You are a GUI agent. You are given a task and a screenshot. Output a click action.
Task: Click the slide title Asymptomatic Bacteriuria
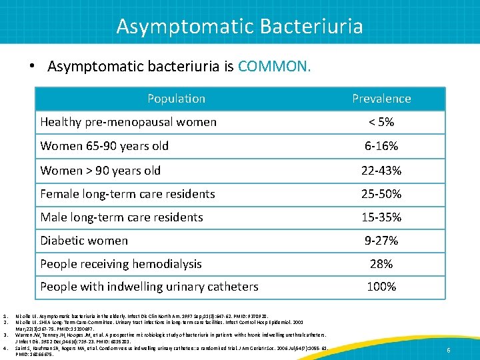pos(239,26)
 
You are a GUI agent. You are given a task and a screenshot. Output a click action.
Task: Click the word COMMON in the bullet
pos(273,67)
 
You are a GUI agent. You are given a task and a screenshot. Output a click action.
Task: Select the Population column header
pos(176,99)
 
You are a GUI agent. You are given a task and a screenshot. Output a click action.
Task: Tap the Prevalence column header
pos(381,99)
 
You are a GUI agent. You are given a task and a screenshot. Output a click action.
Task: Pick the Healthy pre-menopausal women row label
pos(128,122)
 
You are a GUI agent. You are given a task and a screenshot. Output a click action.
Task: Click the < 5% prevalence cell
pos(381,122)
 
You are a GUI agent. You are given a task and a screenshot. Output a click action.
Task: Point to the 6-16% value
pos(381,146)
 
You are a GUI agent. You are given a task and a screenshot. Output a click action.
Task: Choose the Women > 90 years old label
pos(100,170)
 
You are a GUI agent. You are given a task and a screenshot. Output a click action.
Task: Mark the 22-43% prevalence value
pos(381,170)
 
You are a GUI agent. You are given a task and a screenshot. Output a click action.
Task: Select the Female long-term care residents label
pos(127,194)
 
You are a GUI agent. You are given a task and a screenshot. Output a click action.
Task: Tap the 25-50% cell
pos(381,194)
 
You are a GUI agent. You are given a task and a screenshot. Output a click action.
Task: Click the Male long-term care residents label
pos(121,217)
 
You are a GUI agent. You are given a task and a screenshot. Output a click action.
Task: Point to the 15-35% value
pos(381,217)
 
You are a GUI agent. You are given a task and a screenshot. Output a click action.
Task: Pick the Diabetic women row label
pos(84,241)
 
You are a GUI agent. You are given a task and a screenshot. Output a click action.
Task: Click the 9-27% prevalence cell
pos(381,241)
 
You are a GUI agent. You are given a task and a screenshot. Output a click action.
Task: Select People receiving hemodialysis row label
pos(121,264)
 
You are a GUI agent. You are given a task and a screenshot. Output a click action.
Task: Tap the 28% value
pos(381,264)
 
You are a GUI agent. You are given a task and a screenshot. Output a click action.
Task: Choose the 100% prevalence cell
pos(381,287)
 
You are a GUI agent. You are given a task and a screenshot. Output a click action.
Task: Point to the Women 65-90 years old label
pos(104,146)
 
